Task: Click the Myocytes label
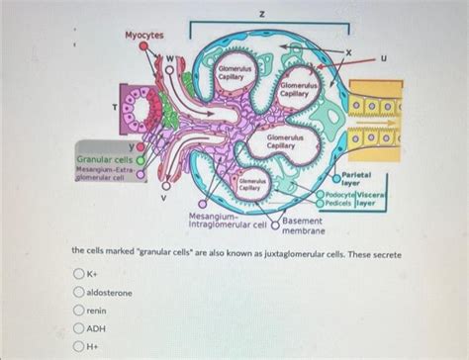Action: click(x=143, y=36)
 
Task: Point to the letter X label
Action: click(x=347, y=48)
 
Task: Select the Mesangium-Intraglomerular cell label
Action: click(x=228, y=220)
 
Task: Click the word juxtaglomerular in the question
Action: click(x=298, y=254)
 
